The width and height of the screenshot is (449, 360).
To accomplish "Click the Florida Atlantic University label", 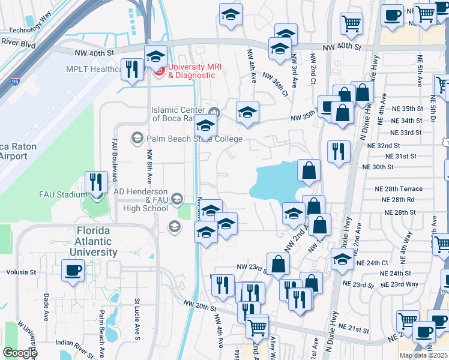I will [x=97, y=241].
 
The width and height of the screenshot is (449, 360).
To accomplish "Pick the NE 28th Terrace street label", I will [x=398, y=188].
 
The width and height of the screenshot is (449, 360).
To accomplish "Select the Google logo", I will [x=20, y=353].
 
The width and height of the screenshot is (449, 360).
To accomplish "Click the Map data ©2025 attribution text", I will [x=423, y=355].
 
